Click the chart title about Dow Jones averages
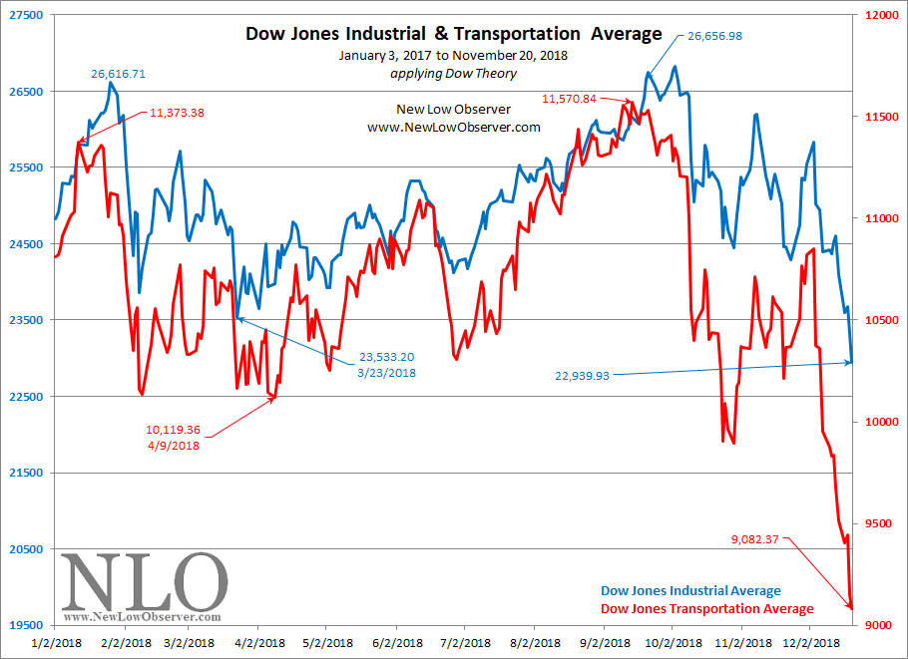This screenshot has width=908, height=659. pos(454,34)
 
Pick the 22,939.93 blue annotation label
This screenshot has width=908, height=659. pos(582,376)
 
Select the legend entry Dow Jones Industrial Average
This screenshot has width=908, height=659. pos(690,591)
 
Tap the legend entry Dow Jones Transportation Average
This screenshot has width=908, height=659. pos(706,609)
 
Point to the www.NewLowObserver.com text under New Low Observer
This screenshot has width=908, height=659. pos(454,128)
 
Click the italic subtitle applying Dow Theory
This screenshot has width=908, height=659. pos(454,74)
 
